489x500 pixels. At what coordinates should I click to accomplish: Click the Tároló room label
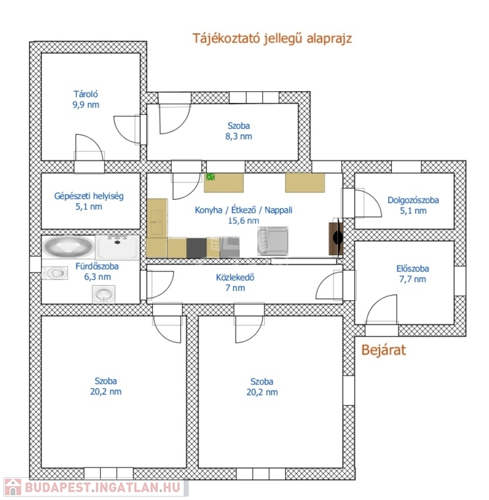tap(86, 94)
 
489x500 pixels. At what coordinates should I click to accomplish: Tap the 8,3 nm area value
tap(238, 137)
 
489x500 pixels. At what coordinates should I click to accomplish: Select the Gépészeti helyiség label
tap(89, 196)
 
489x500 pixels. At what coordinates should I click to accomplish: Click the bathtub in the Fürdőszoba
tap(68, 246)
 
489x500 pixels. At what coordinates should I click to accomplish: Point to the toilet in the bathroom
tap(55, 273)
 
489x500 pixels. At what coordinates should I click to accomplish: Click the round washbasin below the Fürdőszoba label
tap(104, 294)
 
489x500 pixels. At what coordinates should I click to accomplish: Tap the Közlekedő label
tap(235, 277)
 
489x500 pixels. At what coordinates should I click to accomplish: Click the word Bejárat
tap(384, 350)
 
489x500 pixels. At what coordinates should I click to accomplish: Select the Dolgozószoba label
tap(413, 201)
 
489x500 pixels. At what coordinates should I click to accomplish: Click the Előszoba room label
tap(413, 268)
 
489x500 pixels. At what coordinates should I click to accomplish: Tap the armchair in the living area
tap(273, 241)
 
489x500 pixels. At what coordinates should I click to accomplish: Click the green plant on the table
tap(210, 176)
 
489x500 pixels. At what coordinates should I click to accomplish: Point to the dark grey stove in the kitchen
tap(197, 248)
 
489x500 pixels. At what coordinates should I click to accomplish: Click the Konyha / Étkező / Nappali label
tap(244, 210)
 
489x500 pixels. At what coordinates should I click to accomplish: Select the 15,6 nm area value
tap(244, 221)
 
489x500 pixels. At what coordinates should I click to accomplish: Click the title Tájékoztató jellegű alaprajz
tap(272, 38)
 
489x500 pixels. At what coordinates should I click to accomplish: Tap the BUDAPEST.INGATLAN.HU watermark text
tap(102, 487)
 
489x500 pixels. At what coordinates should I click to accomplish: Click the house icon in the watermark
tap(13, 488)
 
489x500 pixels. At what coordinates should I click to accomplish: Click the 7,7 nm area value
tap(413, 279)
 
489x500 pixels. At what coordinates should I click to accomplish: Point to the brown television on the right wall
tap(335, 238)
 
